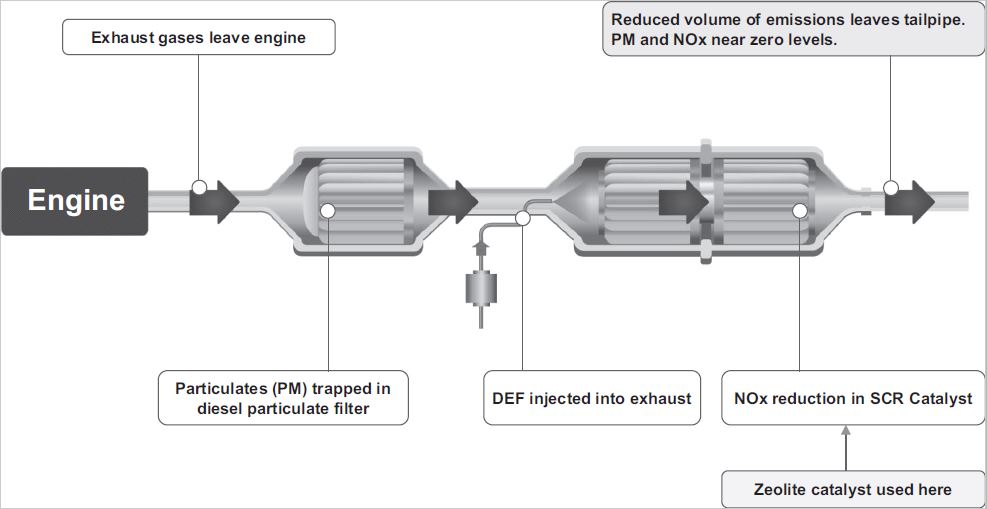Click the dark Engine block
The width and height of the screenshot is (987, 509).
(75, 201)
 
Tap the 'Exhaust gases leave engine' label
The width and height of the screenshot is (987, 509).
(198, 38)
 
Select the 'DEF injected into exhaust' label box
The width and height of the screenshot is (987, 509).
(592, 398)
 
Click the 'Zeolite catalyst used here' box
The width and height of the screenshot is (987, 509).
(852, 489)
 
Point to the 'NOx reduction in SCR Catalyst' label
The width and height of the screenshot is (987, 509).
(852, 398)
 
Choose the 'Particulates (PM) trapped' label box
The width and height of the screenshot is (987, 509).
(283, 398)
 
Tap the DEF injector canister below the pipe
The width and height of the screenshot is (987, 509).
(481, 289)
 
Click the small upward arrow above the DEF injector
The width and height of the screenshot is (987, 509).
(481, 242)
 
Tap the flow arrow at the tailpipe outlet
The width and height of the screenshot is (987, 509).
(910, 200)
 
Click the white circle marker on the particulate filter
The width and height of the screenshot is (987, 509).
(328, 210)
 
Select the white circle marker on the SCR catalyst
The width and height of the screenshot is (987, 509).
(800, 210)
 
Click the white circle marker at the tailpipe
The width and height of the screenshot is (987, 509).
(890, 187)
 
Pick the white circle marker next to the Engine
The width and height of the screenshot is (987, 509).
(199, 187)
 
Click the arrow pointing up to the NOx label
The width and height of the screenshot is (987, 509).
(846, 440)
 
